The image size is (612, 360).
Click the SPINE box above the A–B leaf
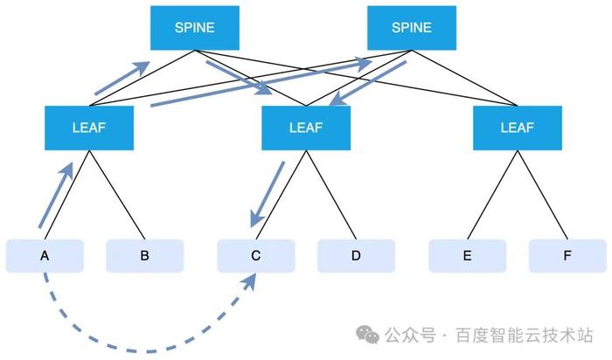coord(195,28)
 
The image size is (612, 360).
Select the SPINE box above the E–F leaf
coord(412,28)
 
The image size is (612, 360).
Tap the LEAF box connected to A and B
coord(89,128)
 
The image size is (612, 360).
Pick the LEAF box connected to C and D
coord(306,128)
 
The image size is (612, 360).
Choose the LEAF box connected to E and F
coord(518,128)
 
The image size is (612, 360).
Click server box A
coord(45,256)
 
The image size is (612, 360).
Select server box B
coord(145,256)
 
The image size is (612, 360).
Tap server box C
coord(256,256)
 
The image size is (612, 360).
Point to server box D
coord(356,256)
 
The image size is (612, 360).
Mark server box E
coord(467,256)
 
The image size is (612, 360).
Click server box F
coord(567,256)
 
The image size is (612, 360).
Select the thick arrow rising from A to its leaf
coord(56,195)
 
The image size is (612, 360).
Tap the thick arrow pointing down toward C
coord(268,194)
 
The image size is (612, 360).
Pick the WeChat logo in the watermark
coord(367,335)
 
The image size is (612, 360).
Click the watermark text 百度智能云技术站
coord(525,335)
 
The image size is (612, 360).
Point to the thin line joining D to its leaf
coord(331,195)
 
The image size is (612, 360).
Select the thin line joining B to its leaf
coord(117,195)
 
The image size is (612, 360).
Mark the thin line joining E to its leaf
coord(492,195)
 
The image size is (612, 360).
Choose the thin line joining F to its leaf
coord(543,195)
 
